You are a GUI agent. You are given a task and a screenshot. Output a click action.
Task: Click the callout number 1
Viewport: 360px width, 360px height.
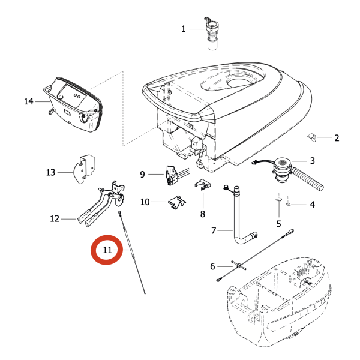pos(184,28)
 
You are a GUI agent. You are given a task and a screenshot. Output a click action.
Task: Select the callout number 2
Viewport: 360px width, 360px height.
pos(337,138)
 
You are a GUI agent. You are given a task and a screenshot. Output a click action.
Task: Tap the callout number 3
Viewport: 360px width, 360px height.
pos(312,161)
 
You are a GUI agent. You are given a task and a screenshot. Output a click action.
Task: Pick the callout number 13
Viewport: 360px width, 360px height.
pos(50,173)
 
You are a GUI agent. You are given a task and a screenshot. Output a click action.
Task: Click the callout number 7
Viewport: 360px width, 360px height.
pos(213,230)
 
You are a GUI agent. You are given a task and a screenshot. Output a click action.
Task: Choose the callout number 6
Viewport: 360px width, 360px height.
pos(212,266)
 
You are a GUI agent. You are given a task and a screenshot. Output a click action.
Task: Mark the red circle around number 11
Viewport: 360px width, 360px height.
pos(108,250)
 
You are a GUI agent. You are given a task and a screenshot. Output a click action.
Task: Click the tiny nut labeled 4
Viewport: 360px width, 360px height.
pos(289,205)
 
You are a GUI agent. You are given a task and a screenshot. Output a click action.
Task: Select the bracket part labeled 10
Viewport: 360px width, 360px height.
pos(175,202)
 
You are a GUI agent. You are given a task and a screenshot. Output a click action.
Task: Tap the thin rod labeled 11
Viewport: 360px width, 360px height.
pos(133,252)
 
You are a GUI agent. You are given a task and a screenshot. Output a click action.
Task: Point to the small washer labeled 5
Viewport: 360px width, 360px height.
pos(280,200)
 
